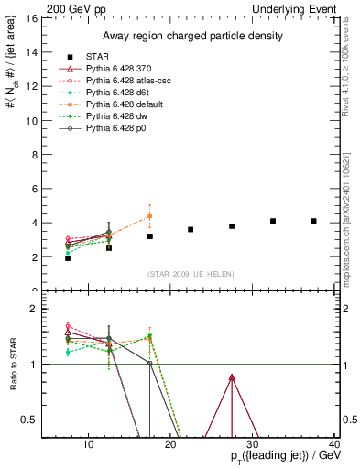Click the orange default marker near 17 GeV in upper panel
[x=149, y=216]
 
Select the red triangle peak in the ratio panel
[x=232, y=377]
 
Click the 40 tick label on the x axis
[x=333, y=445]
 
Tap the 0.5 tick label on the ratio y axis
[x=31, y=420]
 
